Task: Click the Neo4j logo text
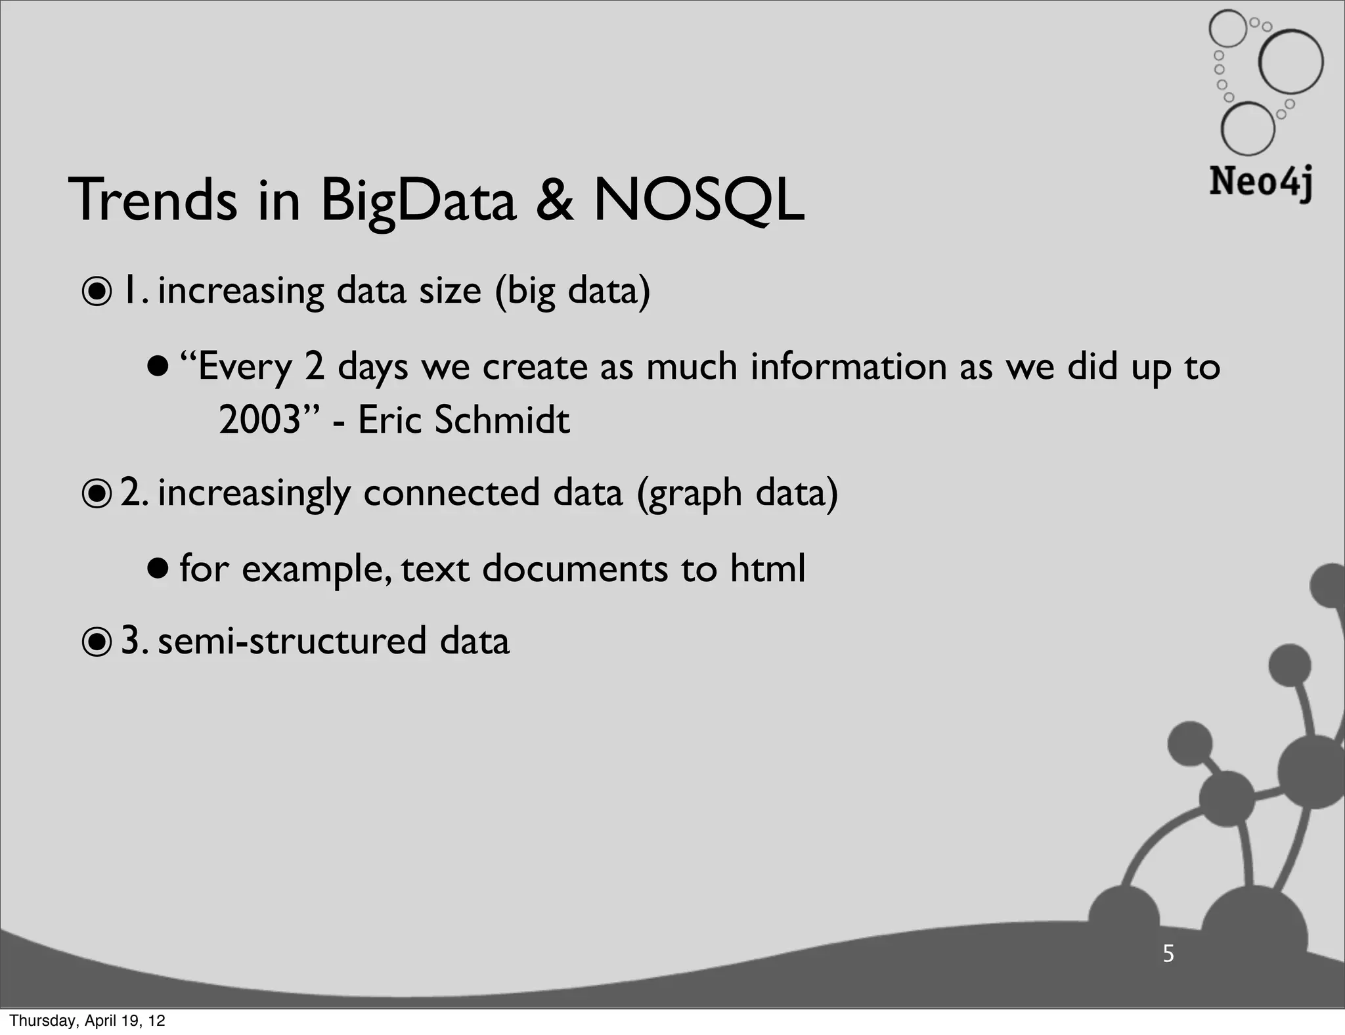(x=1260, y=182)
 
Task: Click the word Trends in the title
(x=152, y=200)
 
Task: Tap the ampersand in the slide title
(x=555, y=200)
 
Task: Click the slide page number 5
(x=1168, y=953)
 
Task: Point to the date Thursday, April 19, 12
(x=87, y=1021)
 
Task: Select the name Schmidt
(x=502, y=420)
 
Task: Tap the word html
(x=767, y=568)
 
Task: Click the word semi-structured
(x=292, y=641)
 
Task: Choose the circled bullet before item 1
(x=97, y=292)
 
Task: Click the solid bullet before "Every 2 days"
(x=158, y=365)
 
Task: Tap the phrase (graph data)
(x=737, y=494)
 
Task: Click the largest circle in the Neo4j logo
(x=1290, y=62)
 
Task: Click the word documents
(x=575, y=568)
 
